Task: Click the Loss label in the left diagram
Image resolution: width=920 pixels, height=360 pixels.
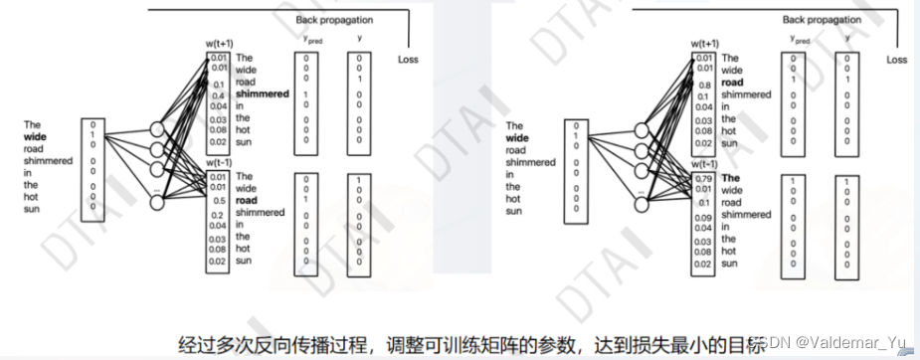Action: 408,60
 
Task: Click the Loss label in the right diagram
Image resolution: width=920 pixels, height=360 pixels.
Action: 896,60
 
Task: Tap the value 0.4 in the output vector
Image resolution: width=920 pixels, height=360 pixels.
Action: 218,94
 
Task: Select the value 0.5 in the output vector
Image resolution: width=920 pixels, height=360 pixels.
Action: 218,202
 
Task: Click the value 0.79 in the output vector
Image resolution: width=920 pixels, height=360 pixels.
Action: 704,180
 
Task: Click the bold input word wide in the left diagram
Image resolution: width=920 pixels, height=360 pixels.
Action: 41,138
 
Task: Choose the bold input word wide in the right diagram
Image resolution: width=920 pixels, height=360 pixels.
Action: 518,138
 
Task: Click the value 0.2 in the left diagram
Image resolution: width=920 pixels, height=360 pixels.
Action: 218,215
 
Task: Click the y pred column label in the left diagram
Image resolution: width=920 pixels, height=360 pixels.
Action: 313,41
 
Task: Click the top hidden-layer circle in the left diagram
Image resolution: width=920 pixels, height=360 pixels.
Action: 156,130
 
